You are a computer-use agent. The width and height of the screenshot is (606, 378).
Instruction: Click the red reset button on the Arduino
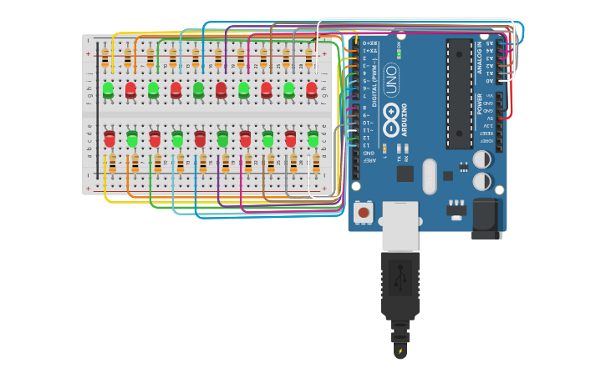364,213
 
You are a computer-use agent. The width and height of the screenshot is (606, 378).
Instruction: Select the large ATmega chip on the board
459,93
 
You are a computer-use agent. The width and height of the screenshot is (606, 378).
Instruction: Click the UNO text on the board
390,79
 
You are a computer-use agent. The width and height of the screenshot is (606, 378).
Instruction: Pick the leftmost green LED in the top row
108,88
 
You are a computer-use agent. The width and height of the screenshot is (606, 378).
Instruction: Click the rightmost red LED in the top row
312,88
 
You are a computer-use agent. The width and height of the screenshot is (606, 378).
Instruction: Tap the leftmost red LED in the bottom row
109,138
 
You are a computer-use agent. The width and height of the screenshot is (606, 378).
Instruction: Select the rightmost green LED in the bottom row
313,138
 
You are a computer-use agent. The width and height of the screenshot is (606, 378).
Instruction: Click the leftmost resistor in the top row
104,57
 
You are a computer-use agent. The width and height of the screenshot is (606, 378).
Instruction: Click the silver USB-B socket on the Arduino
400,225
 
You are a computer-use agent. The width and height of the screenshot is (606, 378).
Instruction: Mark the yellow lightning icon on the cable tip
400,350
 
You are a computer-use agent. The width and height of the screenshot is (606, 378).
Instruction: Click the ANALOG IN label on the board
479,58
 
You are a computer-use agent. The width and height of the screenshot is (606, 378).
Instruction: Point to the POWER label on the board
479,104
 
